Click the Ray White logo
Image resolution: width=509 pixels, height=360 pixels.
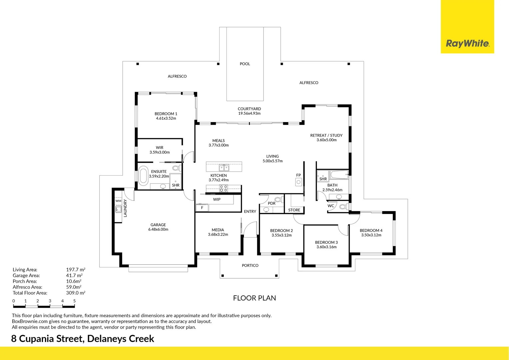point(467,43)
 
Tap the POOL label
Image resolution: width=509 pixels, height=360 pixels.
point(245,64)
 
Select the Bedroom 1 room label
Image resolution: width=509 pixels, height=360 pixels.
point(166,114)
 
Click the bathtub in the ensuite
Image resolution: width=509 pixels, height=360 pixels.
point(143,176)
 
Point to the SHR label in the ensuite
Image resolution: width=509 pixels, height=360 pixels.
point(176,185)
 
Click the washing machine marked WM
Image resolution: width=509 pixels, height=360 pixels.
point(118,201)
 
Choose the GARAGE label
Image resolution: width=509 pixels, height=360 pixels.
point(158,225)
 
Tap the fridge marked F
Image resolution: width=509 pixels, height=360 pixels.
point(202,208)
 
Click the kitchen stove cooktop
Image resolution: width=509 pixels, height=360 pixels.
point(224,189)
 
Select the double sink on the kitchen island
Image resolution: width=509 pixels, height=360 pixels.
point(224,167)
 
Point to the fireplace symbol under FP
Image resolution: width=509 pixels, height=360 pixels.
point(298,182)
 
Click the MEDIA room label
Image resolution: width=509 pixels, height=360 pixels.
point(218,230)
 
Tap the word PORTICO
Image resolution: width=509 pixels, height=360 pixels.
point(250,265)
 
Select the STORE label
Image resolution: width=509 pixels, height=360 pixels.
point(294,210)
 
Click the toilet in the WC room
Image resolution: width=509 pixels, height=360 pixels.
point(343,207)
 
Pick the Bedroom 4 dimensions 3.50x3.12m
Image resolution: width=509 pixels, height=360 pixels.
point(371,235)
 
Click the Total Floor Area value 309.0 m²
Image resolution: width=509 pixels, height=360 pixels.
point(76,293)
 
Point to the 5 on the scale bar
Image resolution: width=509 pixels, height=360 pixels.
point(74,301)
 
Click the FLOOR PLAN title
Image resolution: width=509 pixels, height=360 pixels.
point(254,298)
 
